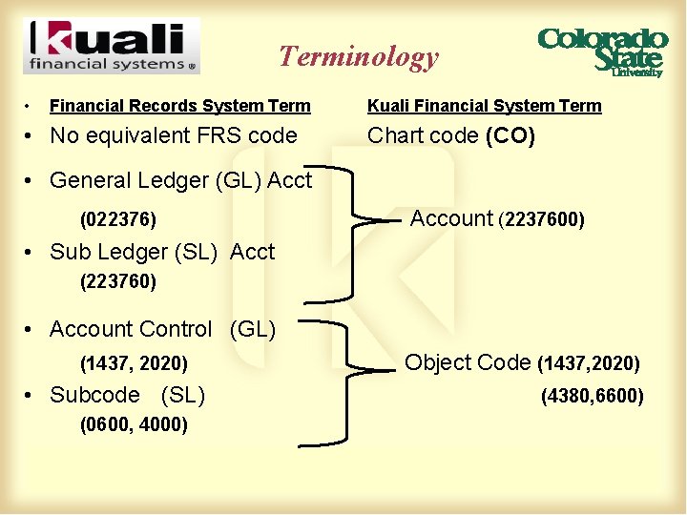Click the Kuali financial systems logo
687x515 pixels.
coord(112,46)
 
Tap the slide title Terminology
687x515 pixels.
coord(359,57)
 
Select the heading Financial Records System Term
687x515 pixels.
coord(179,106)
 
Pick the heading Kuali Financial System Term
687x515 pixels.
coord(485,106)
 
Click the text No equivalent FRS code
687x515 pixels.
coord(173,135)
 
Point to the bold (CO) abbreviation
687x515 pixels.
coord(510,135)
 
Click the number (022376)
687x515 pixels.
coord(118,220)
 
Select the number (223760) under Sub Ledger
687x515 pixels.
coord(118,282)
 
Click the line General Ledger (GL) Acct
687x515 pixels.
coord(180,180)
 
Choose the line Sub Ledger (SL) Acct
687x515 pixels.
coord(161,252)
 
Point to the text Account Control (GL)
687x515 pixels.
coord(162,329)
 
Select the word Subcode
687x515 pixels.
coord(94,395)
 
